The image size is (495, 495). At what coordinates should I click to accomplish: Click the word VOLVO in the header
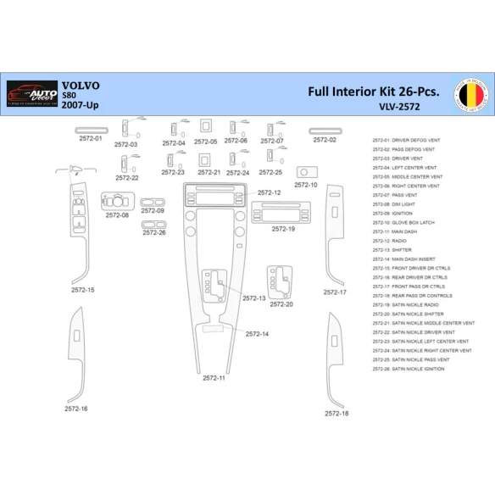coord(81,86)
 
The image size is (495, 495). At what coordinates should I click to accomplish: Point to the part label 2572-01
coord(90,138)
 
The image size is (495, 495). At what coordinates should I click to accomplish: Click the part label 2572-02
coord(325,140)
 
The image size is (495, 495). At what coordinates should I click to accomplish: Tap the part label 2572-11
coord(214,377)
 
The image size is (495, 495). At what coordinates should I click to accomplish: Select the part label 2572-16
coord(76,409)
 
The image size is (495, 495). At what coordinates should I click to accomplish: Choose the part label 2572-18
coord(336,414)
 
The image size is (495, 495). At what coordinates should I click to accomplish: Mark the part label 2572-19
coord(284,229)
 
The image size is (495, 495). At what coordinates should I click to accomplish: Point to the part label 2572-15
coord(83,290)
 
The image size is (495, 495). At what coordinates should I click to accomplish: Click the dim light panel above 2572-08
coord(118,201)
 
